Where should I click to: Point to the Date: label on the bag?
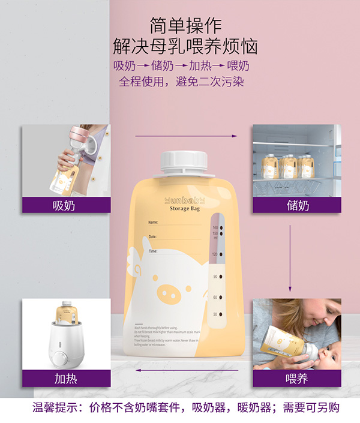(x=152, y=237)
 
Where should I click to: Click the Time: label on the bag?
(x=152, y=251)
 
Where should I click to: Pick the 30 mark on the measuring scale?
(x=215, y=314)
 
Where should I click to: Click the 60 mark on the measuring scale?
(x=215, y=296)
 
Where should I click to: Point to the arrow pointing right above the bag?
(x=185, y=136)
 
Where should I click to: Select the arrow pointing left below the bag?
(x=185, y=370)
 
